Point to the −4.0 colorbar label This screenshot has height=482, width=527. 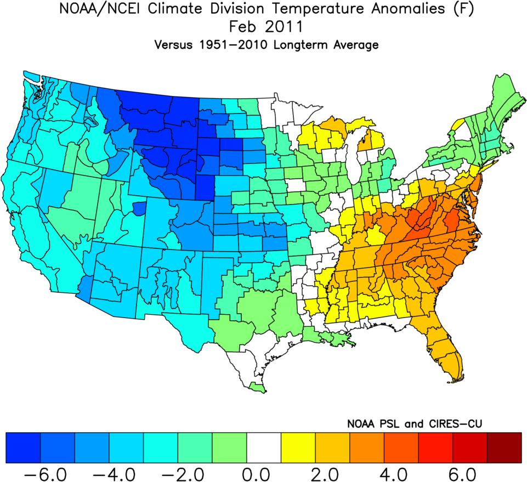tap(118, 472)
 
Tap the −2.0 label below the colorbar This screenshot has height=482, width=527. tap(187, 472)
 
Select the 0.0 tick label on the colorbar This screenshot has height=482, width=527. tap(264, 472)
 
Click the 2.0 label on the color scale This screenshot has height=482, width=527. tap(332, 472)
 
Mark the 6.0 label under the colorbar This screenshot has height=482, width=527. tap(470, 472)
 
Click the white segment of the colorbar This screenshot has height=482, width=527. tap(264, 447)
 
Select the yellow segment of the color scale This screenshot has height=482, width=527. tap(298, 447)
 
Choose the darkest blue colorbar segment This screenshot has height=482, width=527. tap(22, 447)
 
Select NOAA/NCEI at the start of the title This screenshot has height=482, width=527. tap(89, 10)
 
